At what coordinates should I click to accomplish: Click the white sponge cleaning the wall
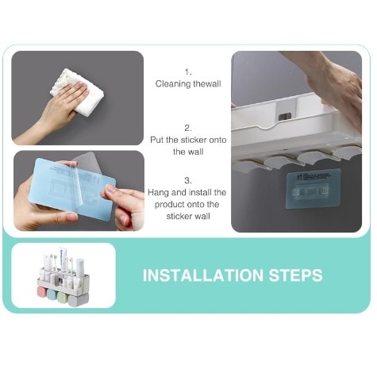77,91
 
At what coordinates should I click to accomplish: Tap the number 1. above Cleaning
188,72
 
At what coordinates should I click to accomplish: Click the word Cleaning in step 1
173,84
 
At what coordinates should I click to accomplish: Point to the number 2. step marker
188,129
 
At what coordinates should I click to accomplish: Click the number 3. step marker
188,181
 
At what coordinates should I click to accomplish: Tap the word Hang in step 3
159,193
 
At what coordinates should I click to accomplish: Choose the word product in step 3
170,205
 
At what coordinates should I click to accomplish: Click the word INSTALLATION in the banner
203,275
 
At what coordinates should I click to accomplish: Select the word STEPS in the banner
296,275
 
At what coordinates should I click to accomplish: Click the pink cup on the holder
42,292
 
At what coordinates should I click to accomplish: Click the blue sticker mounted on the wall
314,189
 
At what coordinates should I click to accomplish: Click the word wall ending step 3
202,217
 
